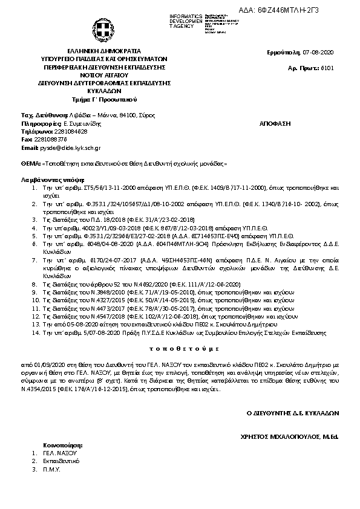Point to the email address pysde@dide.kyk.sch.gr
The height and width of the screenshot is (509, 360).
tap(70, 148)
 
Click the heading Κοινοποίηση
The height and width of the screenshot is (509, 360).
tap(63, 444)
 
